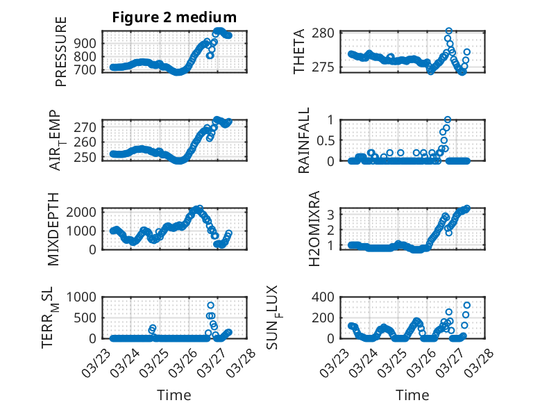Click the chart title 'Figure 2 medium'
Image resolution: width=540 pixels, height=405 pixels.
click(x=174, y=17)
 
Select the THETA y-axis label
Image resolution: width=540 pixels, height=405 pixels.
click(x=299, y=51)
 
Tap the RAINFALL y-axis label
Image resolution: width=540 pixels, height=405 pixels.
click(x=304, y=140)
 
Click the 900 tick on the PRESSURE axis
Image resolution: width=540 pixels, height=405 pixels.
click(x=89, y=43)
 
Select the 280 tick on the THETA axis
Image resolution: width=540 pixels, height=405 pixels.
click(x=326, y=33)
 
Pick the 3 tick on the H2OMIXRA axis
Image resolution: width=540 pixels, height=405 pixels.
click(x=332, y=213)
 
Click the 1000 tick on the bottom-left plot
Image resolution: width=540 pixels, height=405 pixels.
click(x=85, y=297)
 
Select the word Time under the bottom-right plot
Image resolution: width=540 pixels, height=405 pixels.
click(x=412, y=395)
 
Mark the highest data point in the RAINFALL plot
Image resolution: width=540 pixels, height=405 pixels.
click(x=448, y=119)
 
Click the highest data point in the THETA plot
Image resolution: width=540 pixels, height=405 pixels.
click(x=448, y=31)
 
